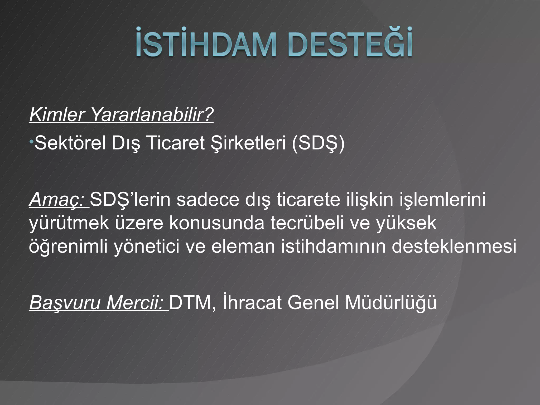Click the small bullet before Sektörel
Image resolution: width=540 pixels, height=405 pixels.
[x=31, y=143]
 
